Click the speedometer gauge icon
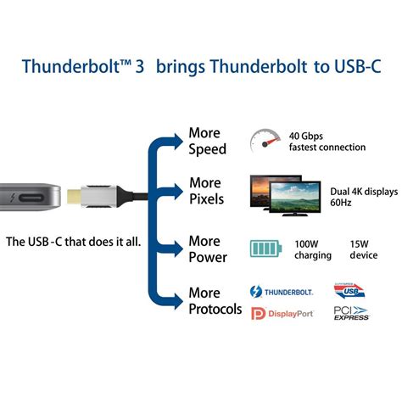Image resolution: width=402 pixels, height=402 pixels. pyautogui.click(x=265, y=141)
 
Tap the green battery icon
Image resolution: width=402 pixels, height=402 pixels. pyautogui.click(x=265, y=248)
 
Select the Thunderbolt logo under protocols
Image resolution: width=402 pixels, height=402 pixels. pyautogui.click(x=282, y=292)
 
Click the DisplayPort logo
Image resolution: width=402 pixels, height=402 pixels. pyautogui.click(x=282, y=314)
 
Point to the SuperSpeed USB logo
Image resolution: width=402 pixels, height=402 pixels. pyautogui.click(x=349, y=290)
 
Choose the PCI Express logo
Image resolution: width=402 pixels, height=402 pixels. pyautogui.click(x=351, y=313)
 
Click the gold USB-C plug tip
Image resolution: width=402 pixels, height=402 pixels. pyautogui.click(x=74, y=196)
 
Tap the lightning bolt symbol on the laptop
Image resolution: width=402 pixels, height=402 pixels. pyautogui.click(x=12, y=198)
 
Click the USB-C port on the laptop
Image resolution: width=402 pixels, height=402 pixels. pyautogui.click(x=31, y=198)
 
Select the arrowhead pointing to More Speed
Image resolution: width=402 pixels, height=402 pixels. pyautogui.click(x=177, y=142)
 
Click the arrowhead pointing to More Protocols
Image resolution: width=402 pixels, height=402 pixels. pyautogui.click(x=177, y=301)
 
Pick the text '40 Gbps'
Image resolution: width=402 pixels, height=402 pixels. pyautogui.click(x=305, y=137)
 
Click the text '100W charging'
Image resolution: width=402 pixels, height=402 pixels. pyautogui.click(x=313, y=250)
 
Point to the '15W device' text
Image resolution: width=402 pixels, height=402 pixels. pyautogui.click(x=364, y=249)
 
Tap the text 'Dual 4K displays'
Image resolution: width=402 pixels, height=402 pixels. pyautogui.click(x=364, y=192)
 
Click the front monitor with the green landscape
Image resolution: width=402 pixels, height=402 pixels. pyautogui.click(x=295, y=198)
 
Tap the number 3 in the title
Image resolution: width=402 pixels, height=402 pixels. pyautogui.click(x=140, y=67)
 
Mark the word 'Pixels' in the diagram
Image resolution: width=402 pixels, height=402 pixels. pyautogui.click(x=206, y=199)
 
